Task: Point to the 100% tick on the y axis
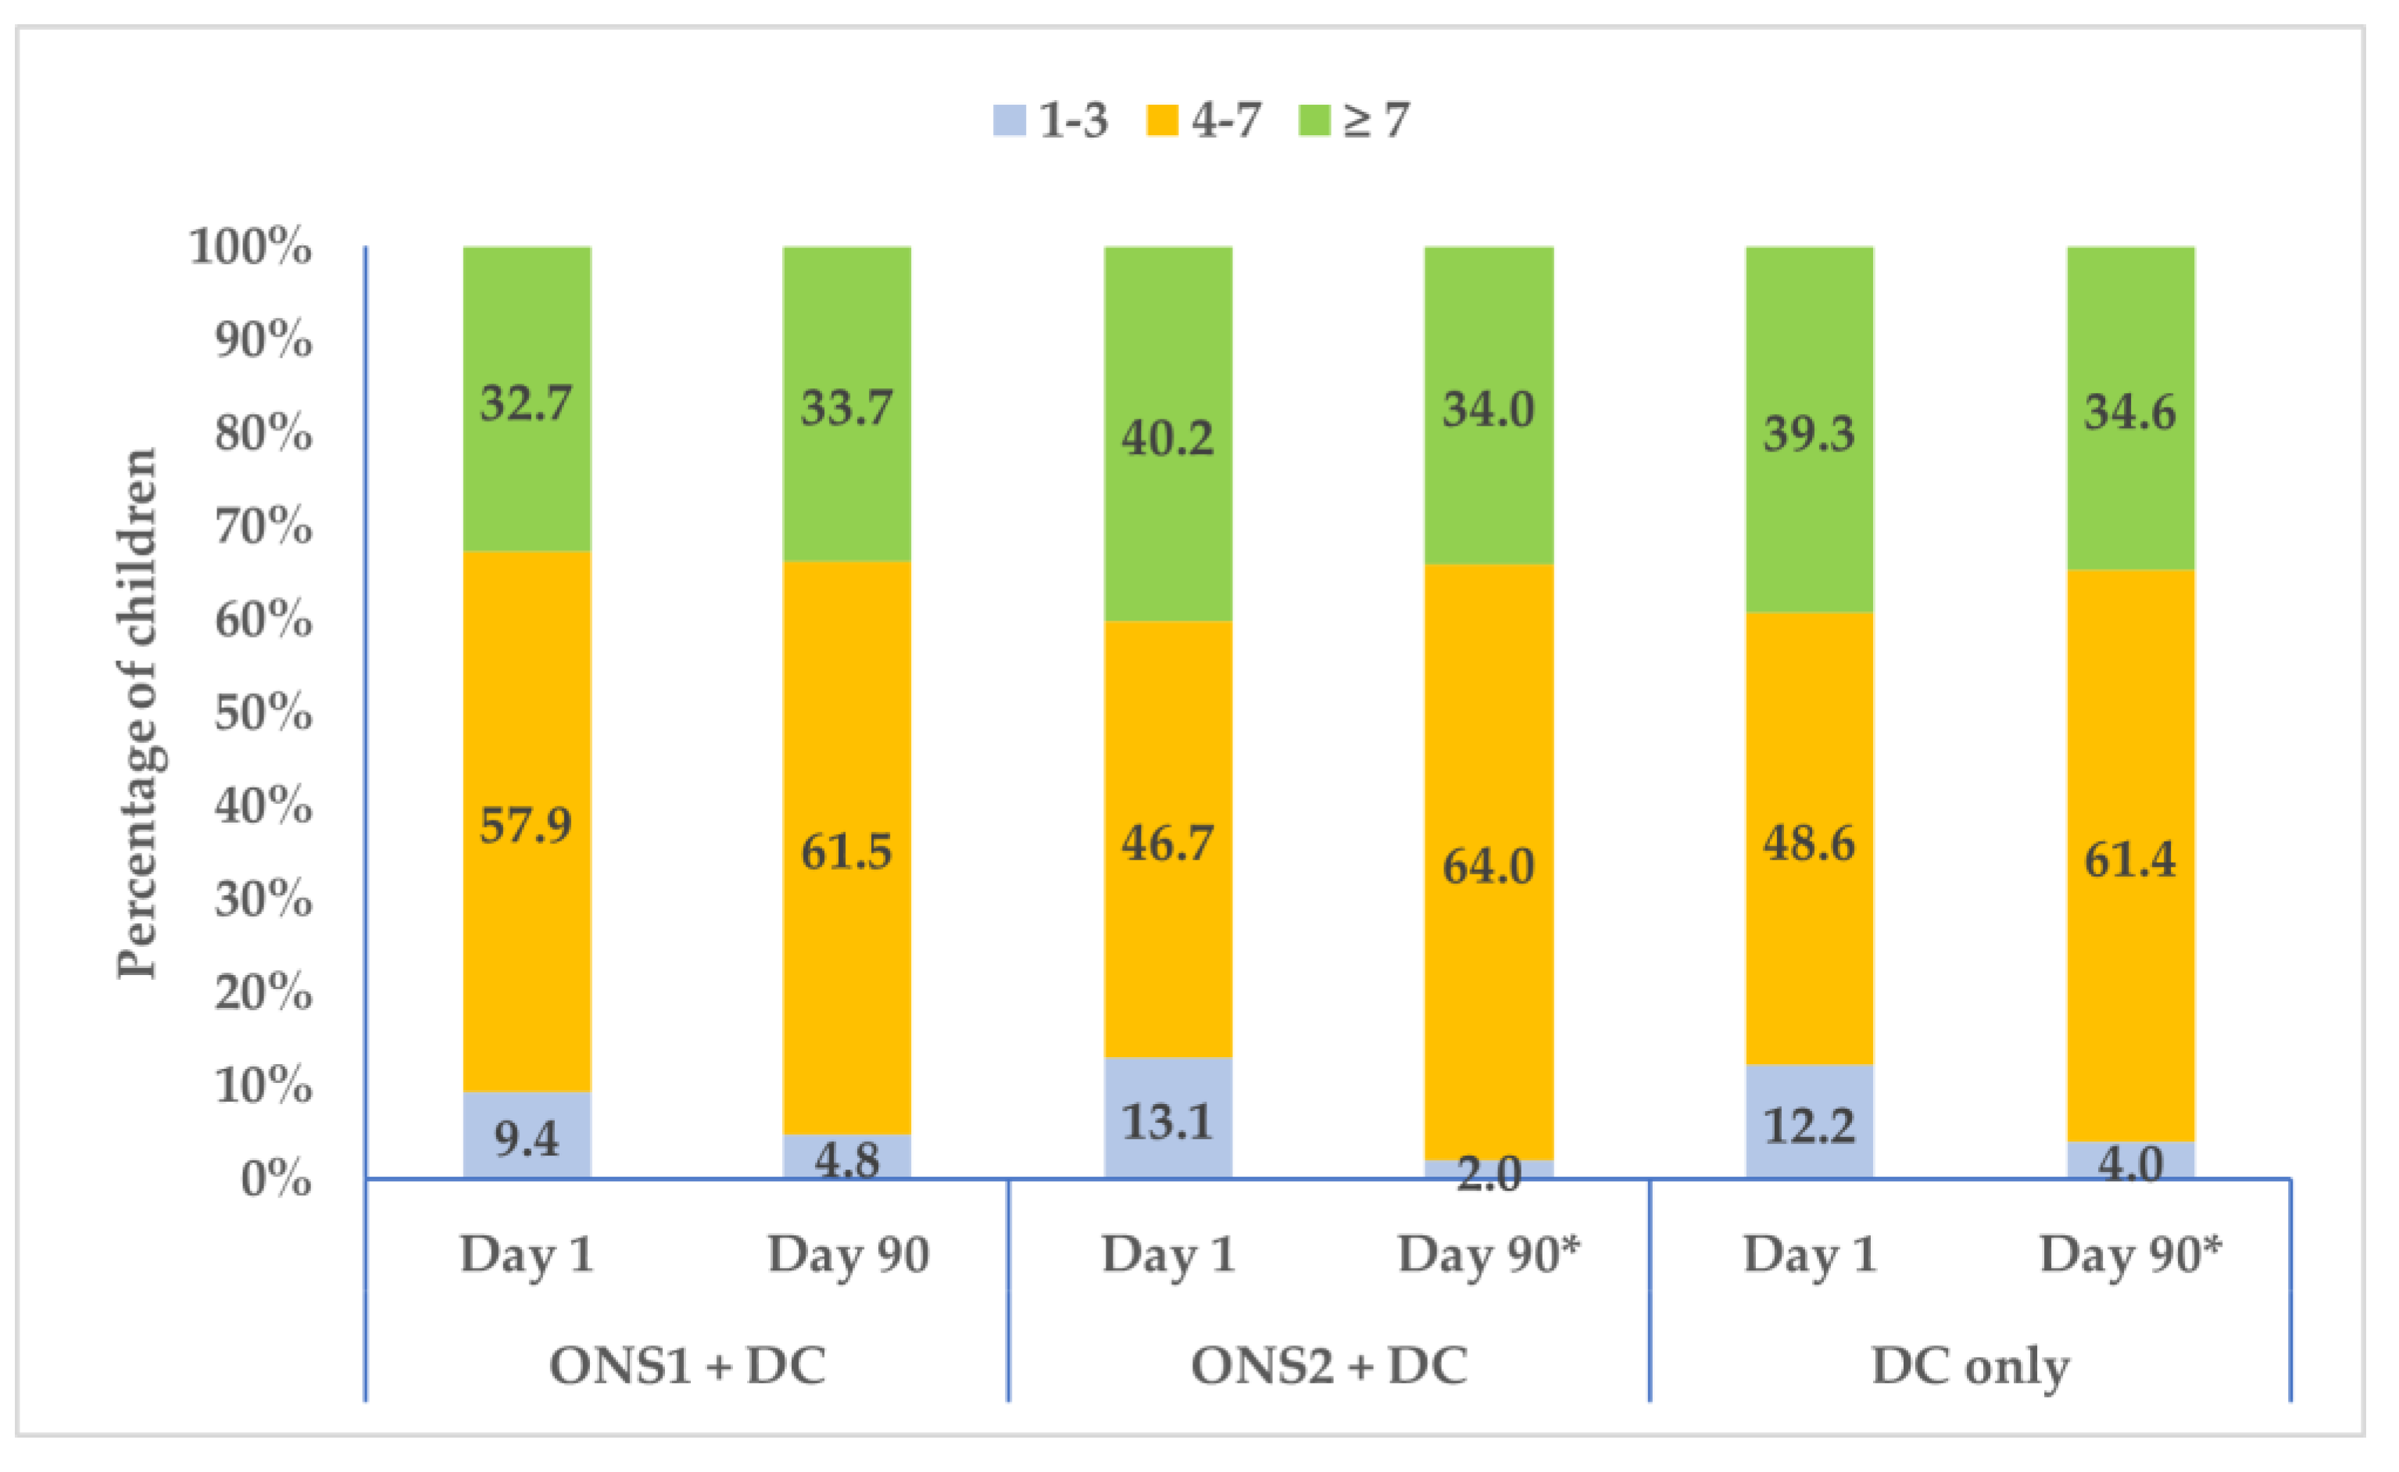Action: (251, 246)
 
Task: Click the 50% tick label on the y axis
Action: (263, 713)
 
